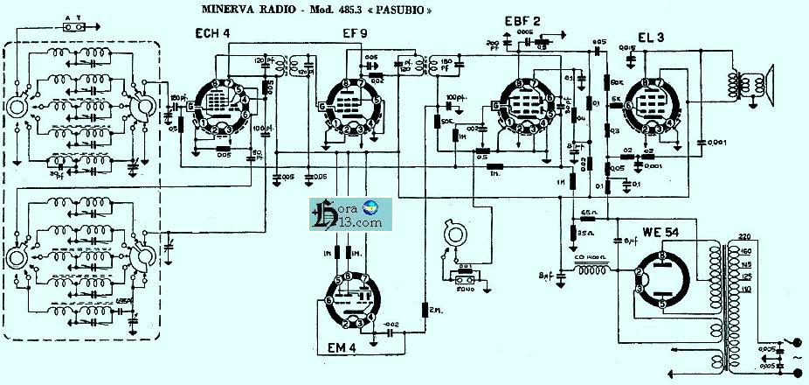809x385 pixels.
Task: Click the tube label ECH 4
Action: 212,33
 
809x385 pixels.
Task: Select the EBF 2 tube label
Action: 522,21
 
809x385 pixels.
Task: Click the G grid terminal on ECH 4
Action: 189,107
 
